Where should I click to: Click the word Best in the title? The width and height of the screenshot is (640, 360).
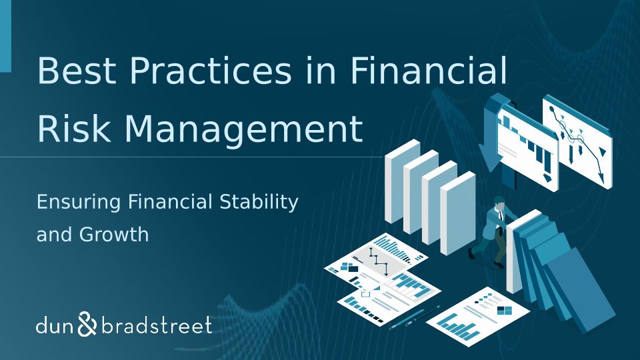click(x=76, y=70)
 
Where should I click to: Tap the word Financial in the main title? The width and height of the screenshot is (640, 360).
click(x=429, y=70)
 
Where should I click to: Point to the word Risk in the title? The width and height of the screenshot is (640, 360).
click(x=74, y=128)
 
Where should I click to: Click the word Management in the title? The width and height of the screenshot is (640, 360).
click(x=243, y=128)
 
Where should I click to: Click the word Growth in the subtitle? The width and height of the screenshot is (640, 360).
click(x=114, y=234)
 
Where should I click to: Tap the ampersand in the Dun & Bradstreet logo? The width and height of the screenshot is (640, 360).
click(x=87, y=324)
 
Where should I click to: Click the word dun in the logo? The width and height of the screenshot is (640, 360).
click(x=55, y=326)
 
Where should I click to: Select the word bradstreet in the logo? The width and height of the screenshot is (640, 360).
click(x=156, y=326)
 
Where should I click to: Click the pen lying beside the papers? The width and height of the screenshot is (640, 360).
click(x=415, y=317)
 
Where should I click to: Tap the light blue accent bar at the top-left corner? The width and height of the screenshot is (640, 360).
click(x=5, y=36)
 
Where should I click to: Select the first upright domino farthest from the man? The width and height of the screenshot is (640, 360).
click(x=403, y=181)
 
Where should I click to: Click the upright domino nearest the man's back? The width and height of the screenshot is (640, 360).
click(x=458, y=213)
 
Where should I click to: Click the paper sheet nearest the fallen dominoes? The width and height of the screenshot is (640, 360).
click(x=477, y=317)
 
